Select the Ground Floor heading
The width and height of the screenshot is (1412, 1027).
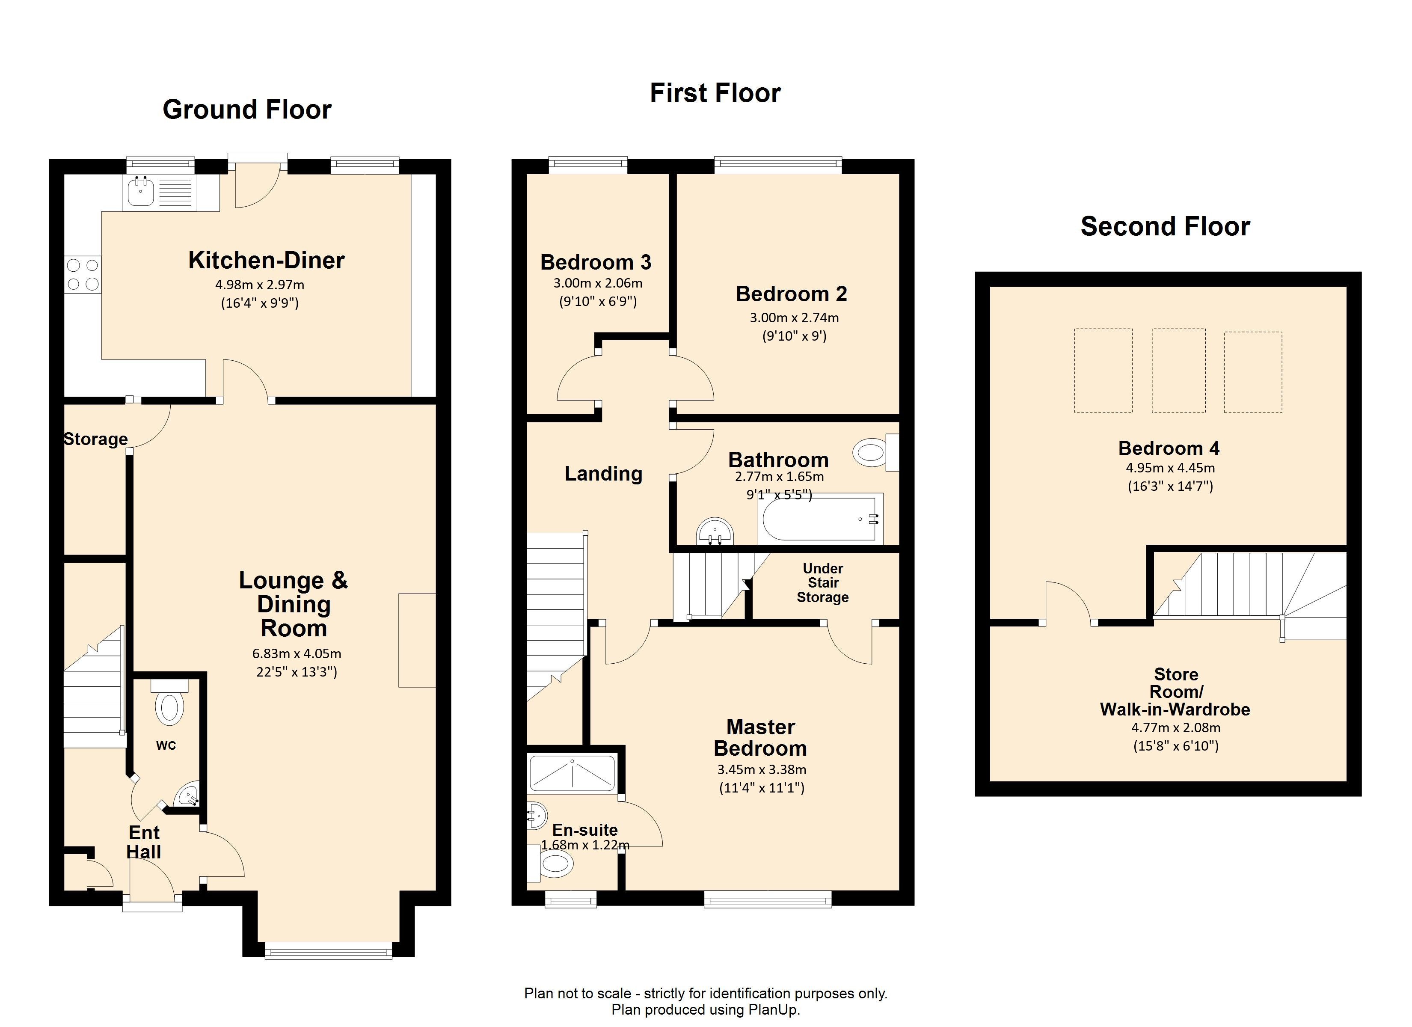(x=247, y=110)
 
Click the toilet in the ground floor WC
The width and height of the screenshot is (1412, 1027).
(x=169, y=703)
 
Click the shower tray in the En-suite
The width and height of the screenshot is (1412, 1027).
(x=572, y=772)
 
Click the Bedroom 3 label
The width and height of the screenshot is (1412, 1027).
(x=596, y=262)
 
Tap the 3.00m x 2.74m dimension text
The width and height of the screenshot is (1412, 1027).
(x=794, y=318)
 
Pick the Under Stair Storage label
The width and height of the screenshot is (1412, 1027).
(x=823, y=583)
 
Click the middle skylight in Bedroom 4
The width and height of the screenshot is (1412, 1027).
(x=1178, y=371)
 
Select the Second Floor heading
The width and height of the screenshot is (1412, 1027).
(x=1165, y=226)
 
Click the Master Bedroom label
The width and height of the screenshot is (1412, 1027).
(x=760, y=737)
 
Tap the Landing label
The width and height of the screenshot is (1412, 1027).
(x=603, y=474)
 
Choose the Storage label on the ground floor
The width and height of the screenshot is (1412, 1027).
(x=96, y=439)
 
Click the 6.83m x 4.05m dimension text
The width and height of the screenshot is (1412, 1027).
(x=297, y=654)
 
